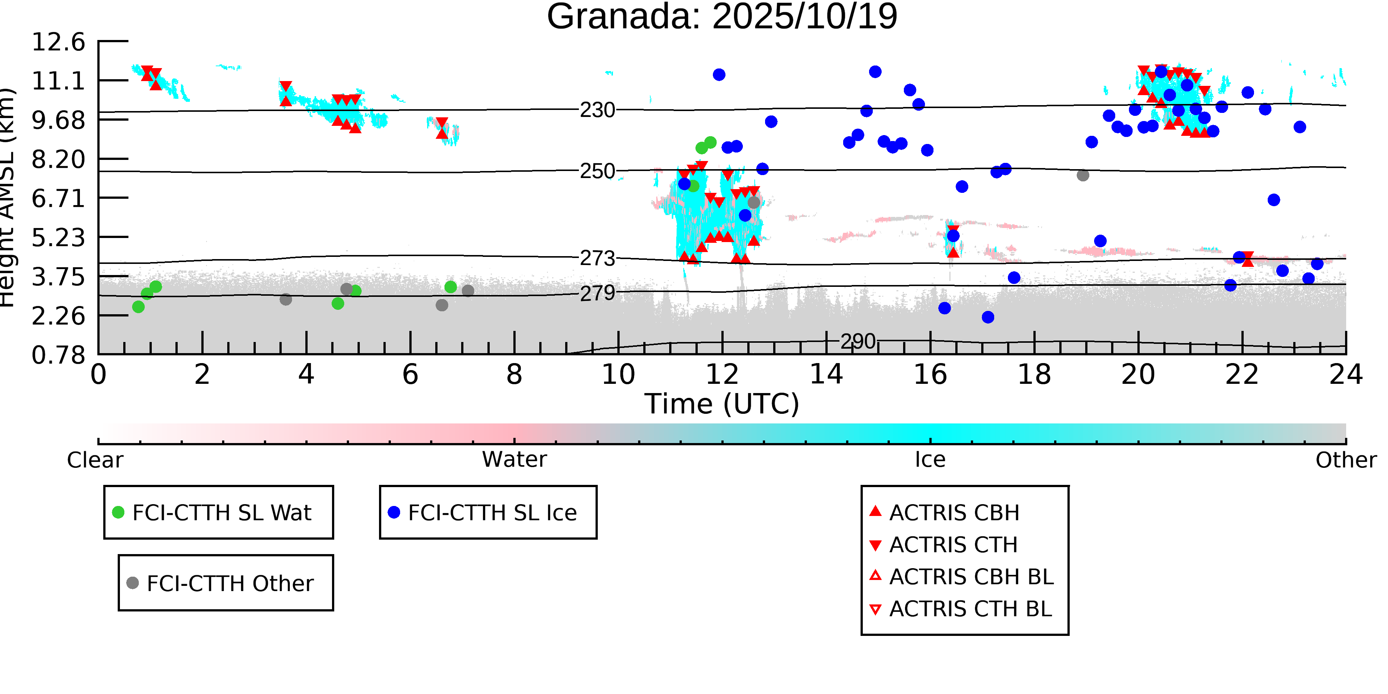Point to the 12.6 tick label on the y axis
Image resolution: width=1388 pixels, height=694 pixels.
58,42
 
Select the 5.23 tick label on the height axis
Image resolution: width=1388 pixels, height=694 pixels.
58,238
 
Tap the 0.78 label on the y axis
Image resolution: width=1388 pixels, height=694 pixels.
58,355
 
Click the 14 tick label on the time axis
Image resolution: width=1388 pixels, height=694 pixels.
826,375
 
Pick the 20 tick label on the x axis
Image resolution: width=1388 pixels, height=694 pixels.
1138,375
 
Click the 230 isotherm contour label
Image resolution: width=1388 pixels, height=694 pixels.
597,110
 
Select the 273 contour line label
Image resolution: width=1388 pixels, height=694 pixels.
597,259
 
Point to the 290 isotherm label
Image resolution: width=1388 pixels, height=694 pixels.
858,342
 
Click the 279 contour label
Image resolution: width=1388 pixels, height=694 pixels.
597,293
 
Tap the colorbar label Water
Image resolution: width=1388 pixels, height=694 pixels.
514,460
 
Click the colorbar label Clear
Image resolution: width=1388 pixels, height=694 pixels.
95,460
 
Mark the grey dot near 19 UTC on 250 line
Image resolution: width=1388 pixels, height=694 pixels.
1083,175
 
